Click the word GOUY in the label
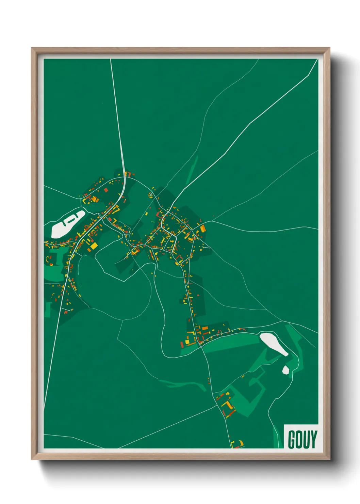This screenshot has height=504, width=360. click(x=302, y=439)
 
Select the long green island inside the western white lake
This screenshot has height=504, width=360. click(x=70, y=220)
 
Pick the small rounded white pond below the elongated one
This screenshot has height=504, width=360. click(x=285, y=370)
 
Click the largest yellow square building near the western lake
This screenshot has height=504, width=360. click(x=93, y=246)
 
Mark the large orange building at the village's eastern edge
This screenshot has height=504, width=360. click(x=203, y=229)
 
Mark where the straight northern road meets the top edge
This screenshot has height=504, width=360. click(x=111, y=60)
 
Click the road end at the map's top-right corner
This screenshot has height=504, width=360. click(x=317, y=60)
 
